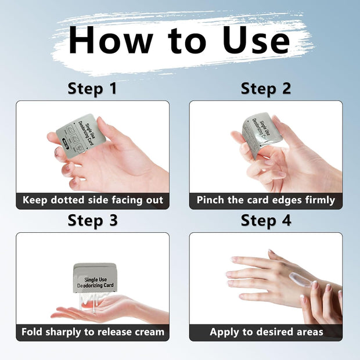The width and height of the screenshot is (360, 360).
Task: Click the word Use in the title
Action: coord(257,41)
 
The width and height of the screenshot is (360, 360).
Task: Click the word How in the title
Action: coord(111,41)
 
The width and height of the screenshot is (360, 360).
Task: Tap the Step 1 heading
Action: coord(92,89)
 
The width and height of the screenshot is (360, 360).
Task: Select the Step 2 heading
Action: coord(266,89)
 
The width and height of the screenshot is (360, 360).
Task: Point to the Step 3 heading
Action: coord(93,221)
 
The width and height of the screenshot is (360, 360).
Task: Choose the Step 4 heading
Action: coord(266,221)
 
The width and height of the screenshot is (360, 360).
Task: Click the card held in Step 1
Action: coord(81,132)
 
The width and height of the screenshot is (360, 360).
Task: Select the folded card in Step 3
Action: coord(95,278)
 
